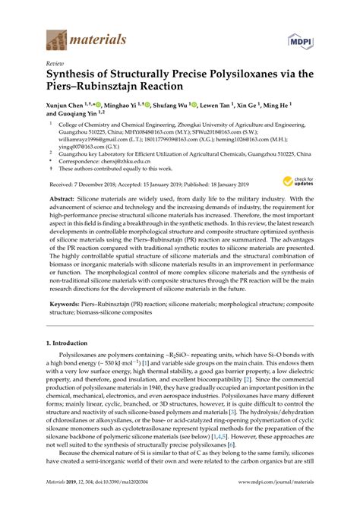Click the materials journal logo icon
click(57, 38)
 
